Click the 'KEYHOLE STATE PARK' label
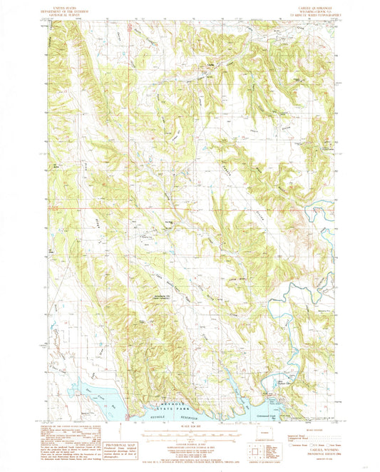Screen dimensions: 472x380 165,408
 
